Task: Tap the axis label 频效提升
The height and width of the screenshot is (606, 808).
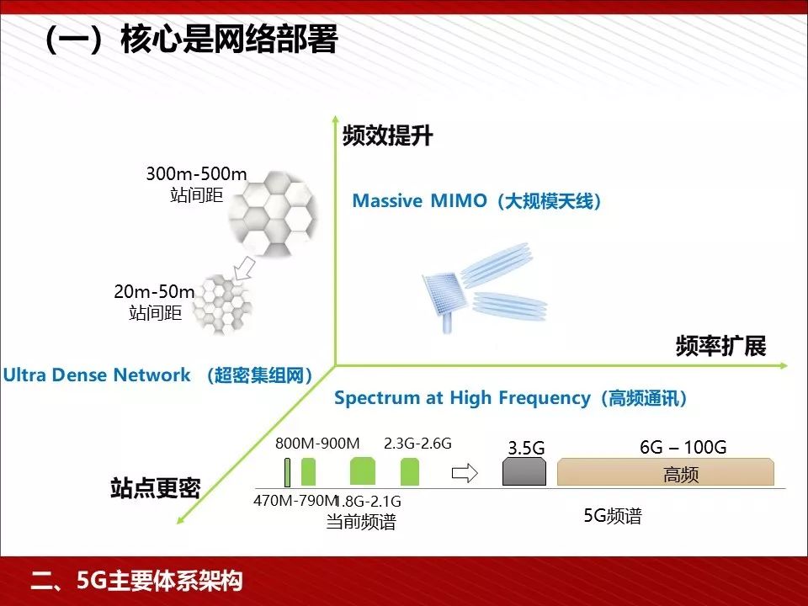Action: [387, 136]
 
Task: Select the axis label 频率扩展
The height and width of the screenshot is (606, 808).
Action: [720, 346]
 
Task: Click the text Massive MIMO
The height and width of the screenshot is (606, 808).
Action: [419, 201]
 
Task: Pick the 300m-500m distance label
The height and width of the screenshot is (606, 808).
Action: [196, 175]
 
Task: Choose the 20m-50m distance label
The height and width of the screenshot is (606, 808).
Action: [154, 292]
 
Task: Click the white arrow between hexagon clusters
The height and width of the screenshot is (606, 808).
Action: [244, 268]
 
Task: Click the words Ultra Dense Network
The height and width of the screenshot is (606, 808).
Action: [97, 375]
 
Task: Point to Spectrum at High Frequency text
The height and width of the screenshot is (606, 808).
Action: [462, 398]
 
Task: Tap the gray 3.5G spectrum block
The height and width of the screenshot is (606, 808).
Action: [525, 472]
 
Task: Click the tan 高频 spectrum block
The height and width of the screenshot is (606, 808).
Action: [665, 473]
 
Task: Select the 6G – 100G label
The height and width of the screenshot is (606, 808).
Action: [683, 447]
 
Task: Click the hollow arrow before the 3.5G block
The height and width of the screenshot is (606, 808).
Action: [465, 473]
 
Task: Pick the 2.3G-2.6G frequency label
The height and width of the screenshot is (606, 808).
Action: [417, 444]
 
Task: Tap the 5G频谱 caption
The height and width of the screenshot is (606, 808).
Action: [613, 516]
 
